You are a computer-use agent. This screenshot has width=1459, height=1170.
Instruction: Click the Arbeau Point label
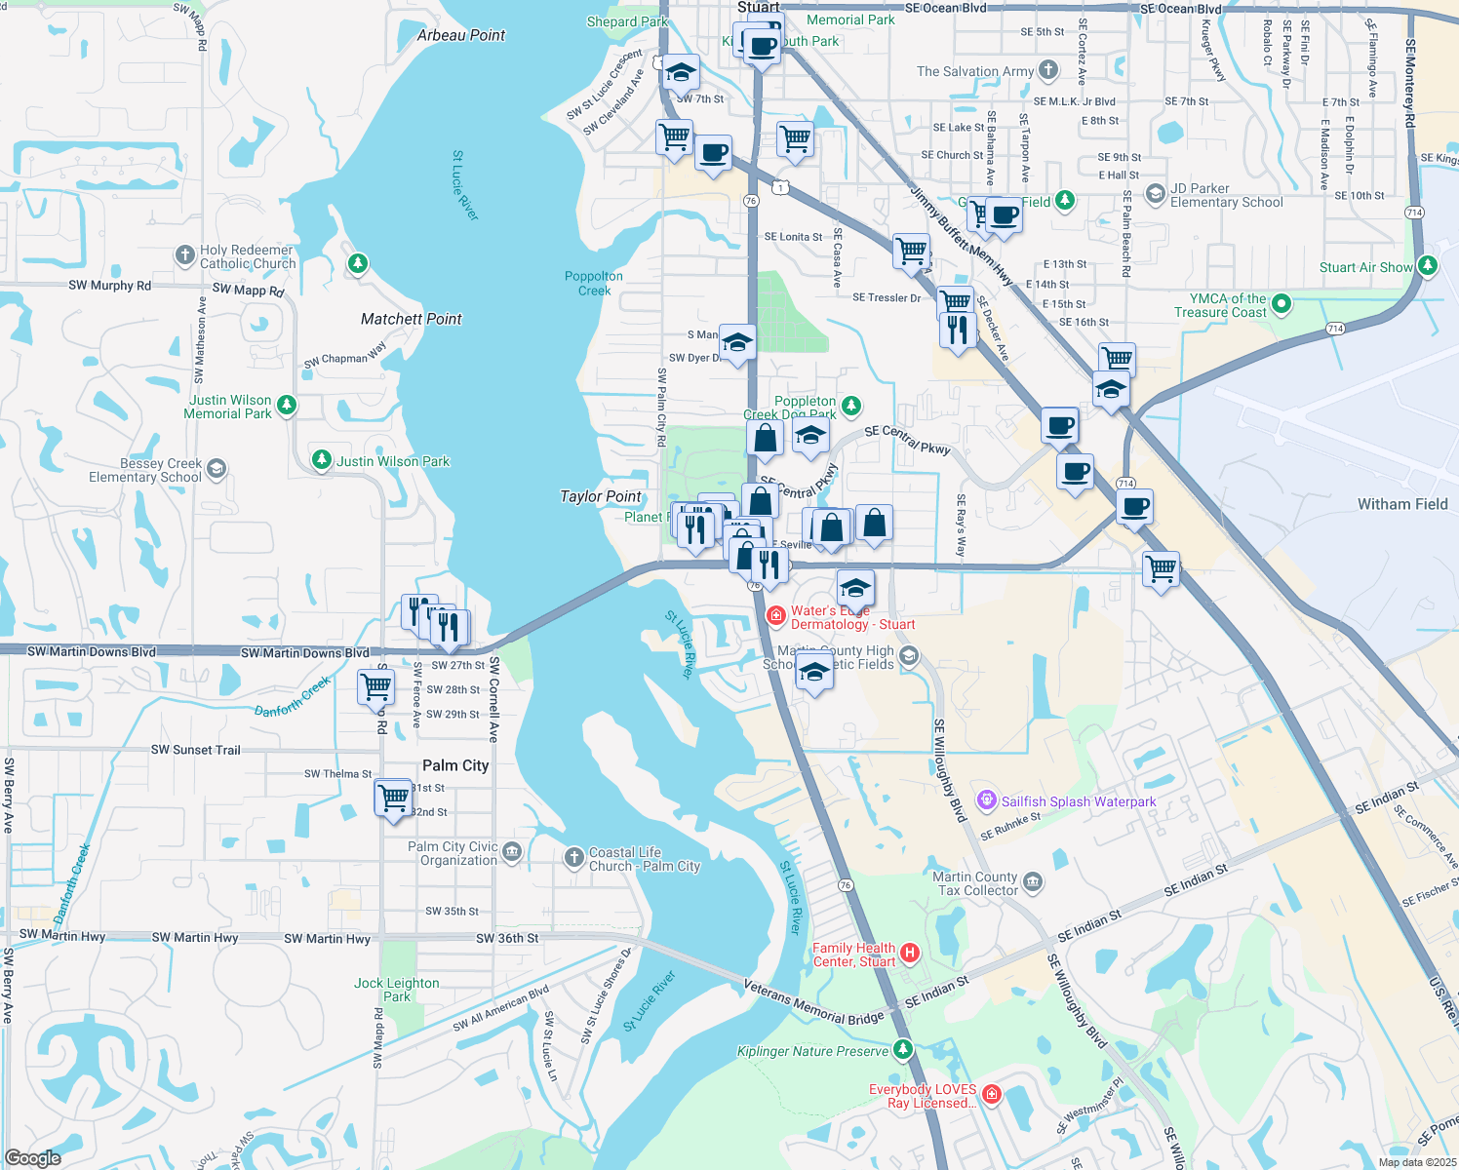point(461,35)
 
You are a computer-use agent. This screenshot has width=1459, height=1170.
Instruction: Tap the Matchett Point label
point(411,319)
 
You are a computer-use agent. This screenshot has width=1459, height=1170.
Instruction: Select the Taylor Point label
point(600,496)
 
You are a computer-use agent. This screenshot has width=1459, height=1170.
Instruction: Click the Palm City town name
point(455,765)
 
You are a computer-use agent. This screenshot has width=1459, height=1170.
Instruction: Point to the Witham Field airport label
point(1402,504)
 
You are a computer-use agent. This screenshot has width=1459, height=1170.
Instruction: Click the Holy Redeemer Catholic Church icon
point(185,255)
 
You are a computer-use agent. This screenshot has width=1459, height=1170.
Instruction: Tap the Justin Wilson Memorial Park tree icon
point(287,405)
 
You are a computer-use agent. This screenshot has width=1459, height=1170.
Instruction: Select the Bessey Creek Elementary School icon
point(217,469)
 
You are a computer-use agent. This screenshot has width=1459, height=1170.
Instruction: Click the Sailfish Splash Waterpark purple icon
point(987,800)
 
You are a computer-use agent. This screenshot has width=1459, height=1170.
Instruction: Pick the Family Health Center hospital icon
point(910,953)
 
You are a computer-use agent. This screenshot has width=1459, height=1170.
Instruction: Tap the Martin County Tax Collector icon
point(1033,882)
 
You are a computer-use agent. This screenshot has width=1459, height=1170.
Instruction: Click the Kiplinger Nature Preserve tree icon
point(903,1049)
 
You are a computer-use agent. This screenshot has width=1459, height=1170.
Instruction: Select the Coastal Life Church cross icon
point(574,858)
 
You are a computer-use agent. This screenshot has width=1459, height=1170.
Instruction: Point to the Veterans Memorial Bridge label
point(813,1002)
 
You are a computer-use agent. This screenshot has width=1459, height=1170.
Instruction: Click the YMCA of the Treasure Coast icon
point(1282,304)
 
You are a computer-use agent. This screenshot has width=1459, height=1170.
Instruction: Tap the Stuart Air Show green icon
point(1428,265)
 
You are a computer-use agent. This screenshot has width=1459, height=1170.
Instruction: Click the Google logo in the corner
point(32,1157)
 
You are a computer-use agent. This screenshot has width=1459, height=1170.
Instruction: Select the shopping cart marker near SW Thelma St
point(394,799)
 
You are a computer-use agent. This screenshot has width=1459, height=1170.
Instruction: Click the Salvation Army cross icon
point(1048,69)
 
